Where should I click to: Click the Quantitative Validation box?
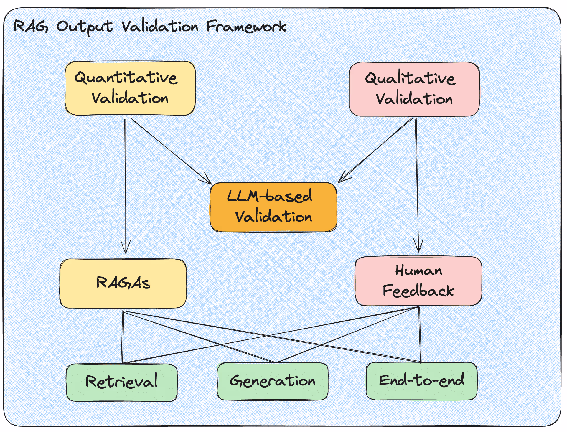coord(130,88)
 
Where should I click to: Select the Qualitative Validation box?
coord(414,89)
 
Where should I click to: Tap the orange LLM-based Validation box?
coord(273,207)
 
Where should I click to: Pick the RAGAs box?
coord(123,283)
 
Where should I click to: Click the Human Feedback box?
coord(418,281)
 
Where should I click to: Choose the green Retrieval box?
coord(122,382)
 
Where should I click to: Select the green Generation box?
coord(273,381)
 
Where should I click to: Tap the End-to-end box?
coord(421,381)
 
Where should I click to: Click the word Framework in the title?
coord(246,27)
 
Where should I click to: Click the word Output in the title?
coord(85,27)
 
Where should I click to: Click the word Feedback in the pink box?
coord(418,291)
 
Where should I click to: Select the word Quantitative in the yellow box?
coord(126,78)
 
